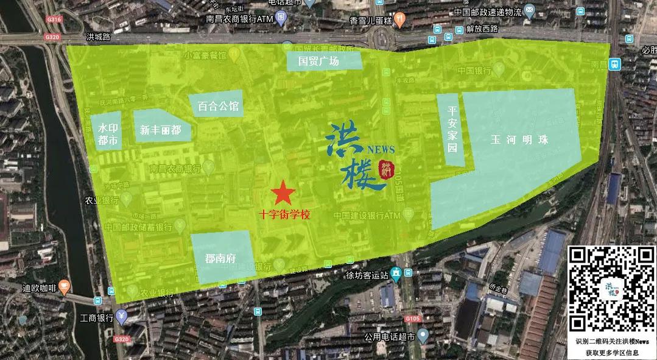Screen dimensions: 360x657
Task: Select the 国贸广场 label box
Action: (x=325, y=61)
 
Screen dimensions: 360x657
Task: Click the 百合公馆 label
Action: (x=218, y=106)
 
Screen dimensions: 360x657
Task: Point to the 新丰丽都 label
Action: (x=160, y=129)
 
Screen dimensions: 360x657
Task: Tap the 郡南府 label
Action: (x=220, y=258)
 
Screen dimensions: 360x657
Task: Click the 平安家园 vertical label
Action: (x=452, y=129)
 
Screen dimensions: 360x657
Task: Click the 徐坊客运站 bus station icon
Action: (x=396, y=274)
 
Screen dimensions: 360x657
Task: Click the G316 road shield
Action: (x=54, y=20)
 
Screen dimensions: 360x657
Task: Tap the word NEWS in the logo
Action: (x=381, y=149)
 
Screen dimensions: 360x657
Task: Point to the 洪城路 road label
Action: (x=98, y=37)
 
